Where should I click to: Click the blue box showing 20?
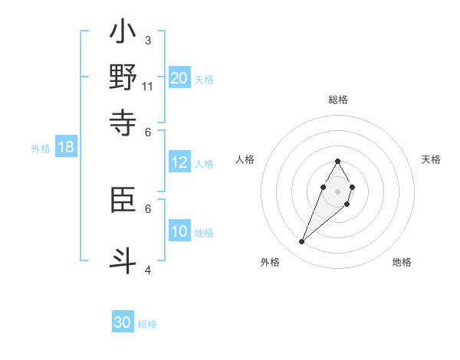(179, 77)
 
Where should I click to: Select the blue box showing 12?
(179, 162)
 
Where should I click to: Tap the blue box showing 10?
(179, 231)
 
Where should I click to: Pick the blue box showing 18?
(66, 148)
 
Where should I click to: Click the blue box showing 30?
(123, 322)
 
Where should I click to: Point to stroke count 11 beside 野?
(148, 87)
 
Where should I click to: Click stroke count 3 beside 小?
(148, 40)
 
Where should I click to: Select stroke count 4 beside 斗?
(148, 270)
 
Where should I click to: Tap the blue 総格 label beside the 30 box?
(147, 324)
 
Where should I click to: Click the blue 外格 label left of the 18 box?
(41, 149)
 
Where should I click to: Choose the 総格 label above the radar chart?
(337, 100)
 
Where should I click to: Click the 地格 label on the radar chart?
(402, 262)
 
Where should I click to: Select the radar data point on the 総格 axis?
(337, 161)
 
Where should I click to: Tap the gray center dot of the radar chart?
(337, 191)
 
